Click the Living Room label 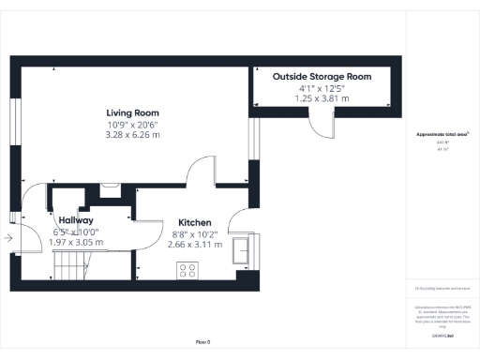click(x=132, y=112)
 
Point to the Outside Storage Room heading click(x=322, y=76)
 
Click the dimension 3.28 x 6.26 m click(x=132, y=135)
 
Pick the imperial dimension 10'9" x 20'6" click(x=132, y=124)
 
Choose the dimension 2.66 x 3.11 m click(x=195, y=245)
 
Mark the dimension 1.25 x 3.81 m click(x=322, y=97)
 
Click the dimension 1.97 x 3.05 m click(x=75, y=242)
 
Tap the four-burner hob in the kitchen click(x=187, y=270)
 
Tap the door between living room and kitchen click(x=202, y=172)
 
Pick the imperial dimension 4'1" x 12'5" click(x=322, y=87)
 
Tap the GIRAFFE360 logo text click(x=442, y=335)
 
